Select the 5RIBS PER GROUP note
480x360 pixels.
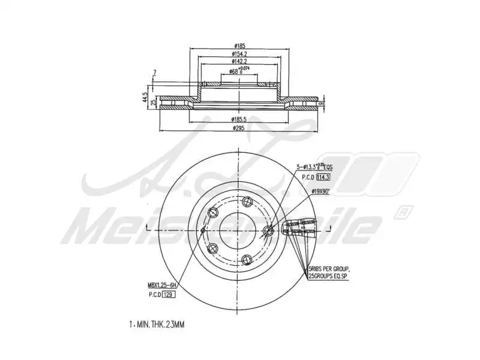[329, 269]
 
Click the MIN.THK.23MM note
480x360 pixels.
[158, 325]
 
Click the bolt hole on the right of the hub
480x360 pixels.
[269, 230]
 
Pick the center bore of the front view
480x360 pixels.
[238, 230]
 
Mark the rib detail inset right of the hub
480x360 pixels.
[299, 229]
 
